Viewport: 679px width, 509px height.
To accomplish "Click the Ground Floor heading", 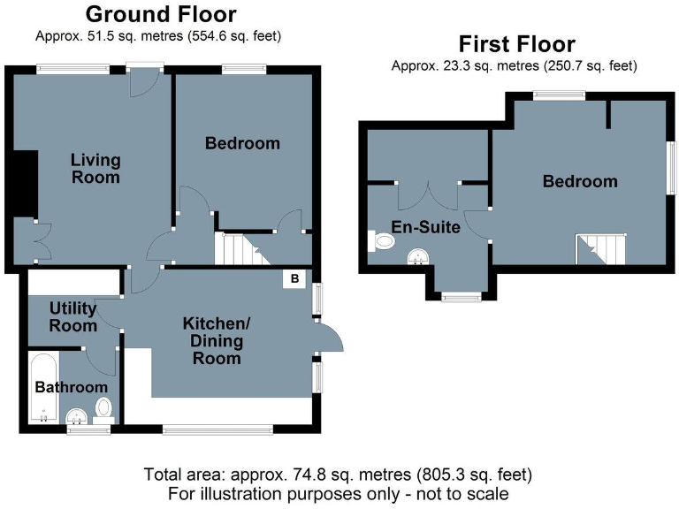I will pyautogui.click(x=160, y=15).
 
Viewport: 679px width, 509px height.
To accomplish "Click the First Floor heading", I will pyautogui.click(x=516, y=44).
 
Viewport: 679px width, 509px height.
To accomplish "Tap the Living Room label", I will pyautogui.click(x=95, y=169).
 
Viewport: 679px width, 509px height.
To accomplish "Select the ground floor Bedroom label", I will pyautogui.click(x=242, y=143).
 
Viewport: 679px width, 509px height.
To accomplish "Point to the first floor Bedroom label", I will pyautogui.click(x=580, y=181).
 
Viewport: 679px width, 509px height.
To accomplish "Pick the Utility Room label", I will pyautogui.click(x=73, y=316).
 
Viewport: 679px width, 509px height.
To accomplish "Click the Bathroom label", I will pyautogui.click(x=71, y=387).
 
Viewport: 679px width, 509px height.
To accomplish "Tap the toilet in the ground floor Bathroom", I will pyautogui.click(x=104, y=408).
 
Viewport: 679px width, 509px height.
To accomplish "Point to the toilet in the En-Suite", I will pyautogui.click(x=384, y=240).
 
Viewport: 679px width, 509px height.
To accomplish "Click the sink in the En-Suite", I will pyautogui.click(x=418, y=256).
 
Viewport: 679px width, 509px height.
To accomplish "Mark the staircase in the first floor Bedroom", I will pyautogui.click(x=600, y=248).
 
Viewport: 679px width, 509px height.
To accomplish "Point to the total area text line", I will pyautogui.click(x=339, y=474).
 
